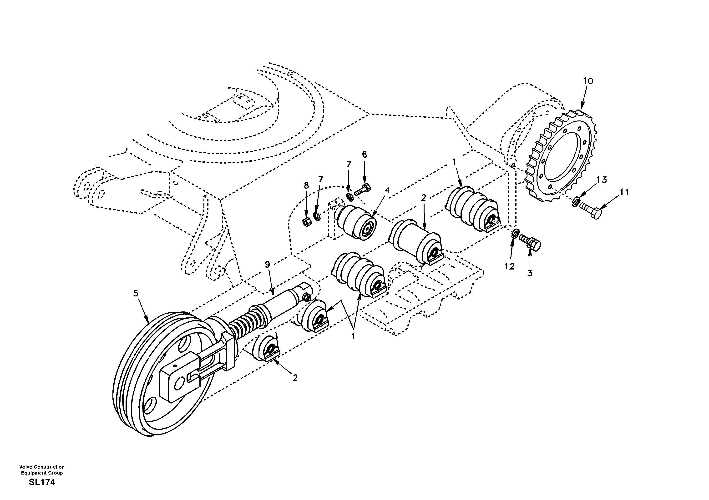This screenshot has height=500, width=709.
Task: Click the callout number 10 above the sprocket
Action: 588,81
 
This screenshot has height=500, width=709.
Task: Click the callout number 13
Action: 602,180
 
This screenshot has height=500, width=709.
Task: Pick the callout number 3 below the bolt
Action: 530,273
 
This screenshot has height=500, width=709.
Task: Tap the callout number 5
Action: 136,293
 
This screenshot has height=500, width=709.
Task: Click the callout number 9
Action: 267,264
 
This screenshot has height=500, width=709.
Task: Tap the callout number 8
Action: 306,185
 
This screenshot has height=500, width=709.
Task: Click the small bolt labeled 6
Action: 363,189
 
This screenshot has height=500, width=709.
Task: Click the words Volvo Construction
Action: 42,467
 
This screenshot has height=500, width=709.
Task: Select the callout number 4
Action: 387,190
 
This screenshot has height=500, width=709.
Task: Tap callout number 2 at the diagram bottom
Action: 295,378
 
